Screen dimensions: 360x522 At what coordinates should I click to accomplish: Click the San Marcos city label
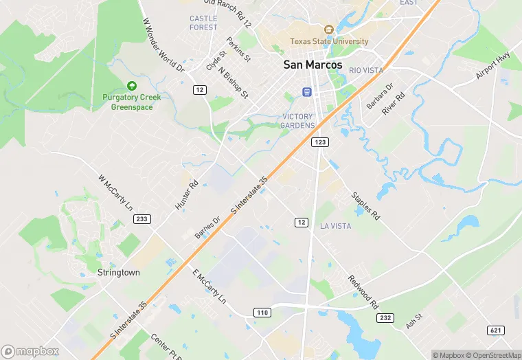coord(313,65)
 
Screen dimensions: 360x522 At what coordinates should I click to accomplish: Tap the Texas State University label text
coord(329,41)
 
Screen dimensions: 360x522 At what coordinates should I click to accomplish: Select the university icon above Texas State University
coord(329,30)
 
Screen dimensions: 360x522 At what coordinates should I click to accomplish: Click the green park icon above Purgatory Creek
coord(132,86)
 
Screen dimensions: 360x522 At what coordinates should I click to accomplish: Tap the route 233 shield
coord(141,218)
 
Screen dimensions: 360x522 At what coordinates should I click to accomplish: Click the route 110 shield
coord(262,313)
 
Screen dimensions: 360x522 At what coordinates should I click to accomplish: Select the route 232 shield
coord(385,317)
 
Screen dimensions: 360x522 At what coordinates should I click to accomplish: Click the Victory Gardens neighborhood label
coord(297,121)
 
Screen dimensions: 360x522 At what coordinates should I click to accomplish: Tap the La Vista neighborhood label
coord(335,225)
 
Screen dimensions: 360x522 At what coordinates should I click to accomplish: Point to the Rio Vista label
coord(366,71)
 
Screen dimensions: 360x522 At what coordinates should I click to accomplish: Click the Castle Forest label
coord(203,23)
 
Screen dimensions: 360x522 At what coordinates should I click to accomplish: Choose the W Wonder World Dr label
coord(163,45)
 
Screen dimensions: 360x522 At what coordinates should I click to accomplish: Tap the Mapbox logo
coord(30,350)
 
